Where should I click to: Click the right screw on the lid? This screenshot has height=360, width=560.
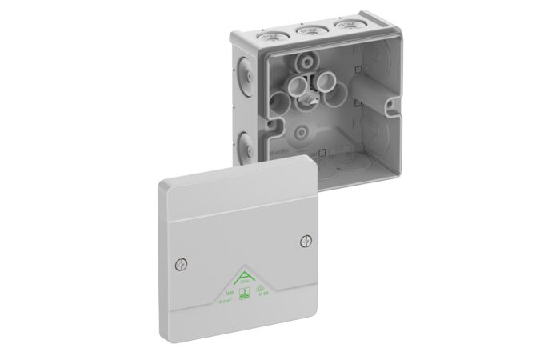304,238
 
